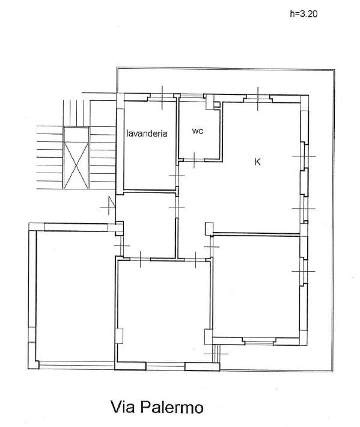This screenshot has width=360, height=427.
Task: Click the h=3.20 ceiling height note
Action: point(304,14)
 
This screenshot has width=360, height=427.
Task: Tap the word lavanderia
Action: point(147,134)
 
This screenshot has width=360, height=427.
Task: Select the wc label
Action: point(198,131)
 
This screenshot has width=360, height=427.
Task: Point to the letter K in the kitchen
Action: point(257,162)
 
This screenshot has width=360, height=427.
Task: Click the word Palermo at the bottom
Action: point(172,407)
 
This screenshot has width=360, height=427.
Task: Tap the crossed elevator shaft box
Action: point(76,158)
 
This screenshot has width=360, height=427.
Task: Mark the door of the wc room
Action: point(194,160)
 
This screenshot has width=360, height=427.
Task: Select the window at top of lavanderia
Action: point(162,97)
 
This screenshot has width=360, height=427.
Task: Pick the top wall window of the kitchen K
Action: point(258,99)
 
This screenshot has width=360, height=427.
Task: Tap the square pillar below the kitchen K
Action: point(209,229)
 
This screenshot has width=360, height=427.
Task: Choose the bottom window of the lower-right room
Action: point(259,340)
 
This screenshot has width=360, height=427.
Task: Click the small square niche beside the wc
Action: point(216,105)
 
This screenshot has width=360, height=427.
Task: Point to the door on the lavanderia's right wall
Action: point(177,176)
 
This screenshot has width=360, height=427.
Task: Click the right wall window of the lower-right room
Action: point(304,271)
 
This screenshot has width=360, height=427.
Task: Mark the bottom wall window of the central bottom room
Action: point(165,366)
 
